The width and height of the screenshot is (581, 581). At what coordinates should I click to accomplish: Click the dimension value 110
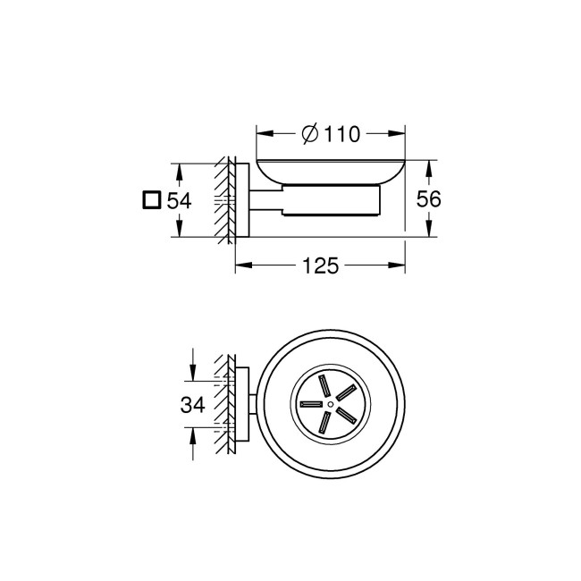coord(342,135)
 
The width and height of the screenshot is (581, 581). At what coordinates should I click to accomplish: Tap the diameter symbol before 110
coord(308,135)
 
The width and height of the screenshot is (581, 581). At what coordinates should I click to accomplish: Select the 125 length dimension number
coord(319,265)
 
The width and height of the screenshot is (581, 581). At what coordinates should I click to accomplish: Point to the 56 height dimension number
coord(429,199)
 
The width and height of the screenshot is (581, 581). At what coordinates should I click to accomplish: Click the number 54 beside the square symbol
coord(179,200)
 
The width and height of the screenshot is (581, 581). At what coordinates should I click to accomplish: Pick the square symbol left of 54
coord(151,199)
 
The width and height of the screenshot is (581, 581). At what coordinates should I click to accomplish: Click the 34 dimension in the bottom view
coord(192,404)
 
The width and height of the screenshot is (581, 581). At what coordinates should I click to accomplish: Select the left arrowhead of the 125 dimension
coord(241,265)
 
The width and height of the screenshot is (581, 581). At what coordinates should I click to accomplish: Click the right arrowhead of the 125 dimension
coord(400,265)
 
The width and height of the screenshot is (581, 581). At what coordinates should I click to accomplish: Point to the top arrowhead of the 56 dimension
coord(430,166)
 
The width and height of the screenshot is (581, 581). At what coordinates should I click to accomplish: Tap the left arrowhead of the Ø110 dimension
coord(264,135)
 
